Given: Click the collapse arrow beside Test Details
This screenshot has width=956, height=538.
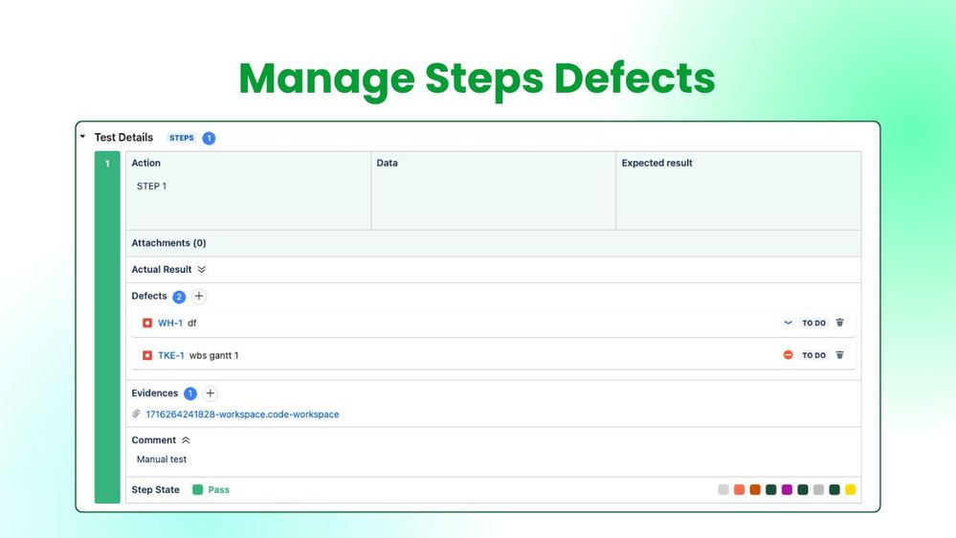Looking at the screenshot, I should (x=82, y=137).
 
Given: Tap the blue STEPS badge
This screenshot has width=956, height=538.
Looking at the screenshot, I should (x=182, y=138).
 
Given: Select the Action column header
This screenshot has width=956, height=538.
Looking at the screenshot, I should (x=146, y=163).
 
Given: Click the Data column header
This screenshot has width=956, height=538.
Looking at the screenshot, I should (x=388, y=163).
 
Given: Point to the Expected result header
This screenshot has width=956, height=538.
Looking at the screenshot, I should (x=657, y=163).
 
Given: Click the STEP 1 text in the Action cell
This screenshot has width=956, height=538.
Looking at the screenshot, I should (x=152, y=186).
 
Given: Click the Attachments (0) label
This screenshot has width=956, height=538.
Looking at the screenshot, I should (x=168, y=243).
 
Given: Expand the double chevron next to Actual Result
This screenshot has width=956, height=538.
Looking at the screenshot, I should (x=202, y=270).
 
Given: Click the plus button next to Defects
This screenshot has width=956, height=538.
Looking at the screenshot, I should (x=199, y=296).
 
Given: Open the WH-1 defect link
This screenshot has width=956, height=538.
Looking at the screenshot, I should (x=170, y=323).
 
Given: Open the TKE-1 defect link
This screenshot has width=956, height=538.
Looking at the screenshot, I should (x=171, y=355).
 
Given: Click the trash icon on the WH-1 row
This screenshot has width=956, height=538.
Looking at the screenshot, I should (x=840, y=323).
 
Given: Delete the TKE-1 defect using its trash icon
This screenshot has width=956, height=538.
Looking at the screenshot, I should (x=840, y=355).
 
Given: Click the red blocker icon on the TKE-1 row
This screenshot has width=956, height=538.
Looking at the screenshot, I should (x=789, y=355).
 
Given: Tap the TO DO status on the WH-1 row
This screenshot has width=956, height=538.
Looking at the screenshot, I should (x=814, y=323).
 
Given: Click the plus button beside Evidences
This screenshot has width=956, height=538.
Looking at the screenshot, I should (x=211, y=393).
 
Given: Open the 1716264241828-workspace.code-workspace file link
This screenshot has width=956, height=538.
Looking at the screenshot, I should (x=242, y=415).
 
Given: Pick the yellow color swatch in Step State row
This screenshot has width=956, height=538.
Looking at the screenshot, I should (x=851, y=490).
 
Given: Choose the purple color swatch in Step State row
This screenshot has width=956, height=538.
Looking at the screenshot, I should (x=787, y=490).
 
